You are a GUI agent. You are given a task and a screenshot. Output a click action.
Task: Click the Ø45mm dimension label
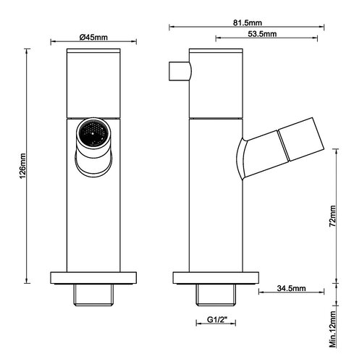click(93, 38)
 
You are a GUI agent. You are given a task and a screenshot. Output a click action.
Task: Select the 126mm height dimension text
click(23, 166)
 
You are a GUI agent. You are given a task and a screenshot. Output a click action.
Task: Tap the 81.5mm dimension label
click(248, 22)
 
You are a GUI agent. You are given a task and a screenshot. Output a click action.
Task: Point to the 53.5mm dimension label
click(262, 34)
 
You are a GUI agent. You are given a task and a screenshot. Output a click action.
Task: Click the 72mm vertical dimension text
click(332, 216)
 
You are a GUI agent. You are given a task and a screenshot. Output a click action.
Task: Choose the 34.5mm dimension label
click(291, 288)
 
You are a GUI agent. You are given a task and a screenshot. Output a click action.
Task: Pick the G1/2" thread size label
click(217, 319)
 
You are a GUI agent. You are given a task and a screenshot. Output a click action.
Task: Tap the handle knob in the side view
click(180, 71)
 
